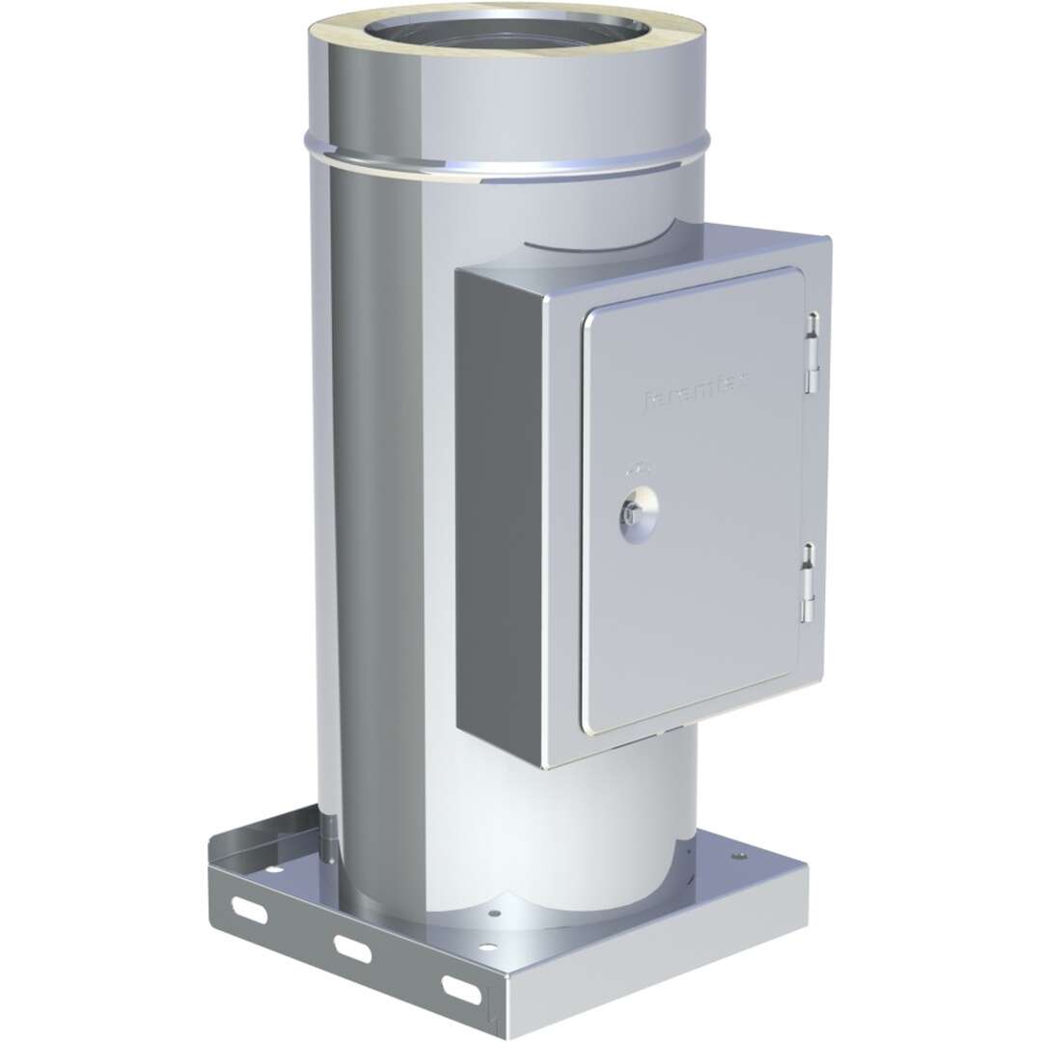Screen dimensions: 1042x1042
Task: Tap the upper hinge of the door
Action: (812, 353)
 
